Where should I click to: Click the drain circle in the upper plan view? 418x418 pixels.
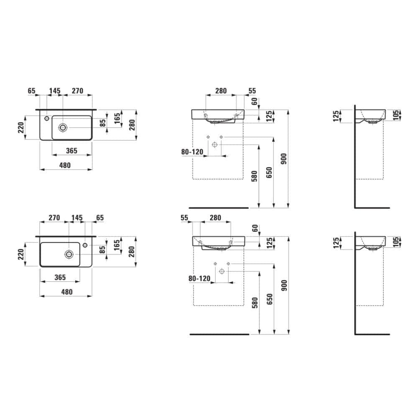pyautogui.click(x=63, y=127)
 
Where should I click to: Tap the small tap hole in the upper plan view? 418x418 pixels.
pyautogui.click(x=47, y=118)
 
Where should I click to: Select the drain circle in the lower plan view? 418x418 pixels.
pyautogui.click(x=69, y=254)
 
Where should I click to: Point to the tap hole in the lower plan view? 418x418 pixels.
pyautogui.click(x=85, y=245)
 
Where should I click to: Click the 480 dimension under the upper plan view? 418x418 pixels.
pyautogui.click(x=65, y=165)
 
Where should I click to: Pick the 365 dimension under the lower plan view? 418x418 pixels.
pyautogui.click(x=60, y=277)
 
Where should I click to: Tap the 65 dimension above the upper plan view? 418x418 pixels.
pyautogui.click(x=31, y=91)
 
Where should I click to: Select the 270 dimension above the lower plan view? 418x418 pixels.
pyautogui.click(x=54, y=217)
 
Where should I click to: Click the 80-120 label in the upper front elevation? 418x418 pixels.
pyautogui.click(x=192, y=152)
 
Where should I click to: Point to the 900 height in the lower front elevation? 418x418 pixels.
pyautogui.click(x=284, y=285)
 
